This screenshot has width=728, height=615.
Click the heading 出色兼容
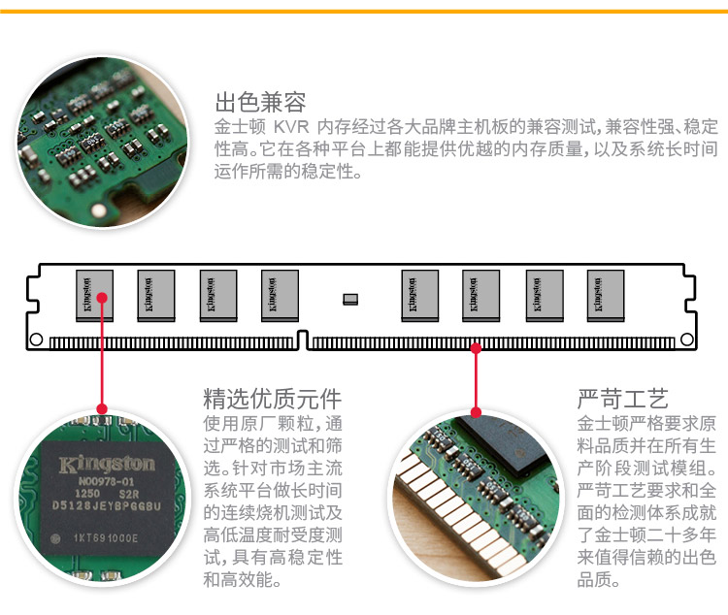[260, 103]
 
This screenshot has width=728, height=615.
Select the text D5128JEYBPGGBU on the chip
[108, 505]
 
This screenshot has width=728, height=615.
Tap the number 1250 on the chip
[86, 493]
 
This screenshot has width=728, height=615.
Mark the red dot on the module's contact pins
[476, 346]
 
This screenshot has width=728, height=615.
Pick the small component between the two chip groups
[350, 298]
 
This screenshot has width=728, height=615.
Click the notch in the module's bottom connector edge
[303, 340]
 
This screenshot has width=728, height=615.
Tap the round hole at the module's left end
[36, 340]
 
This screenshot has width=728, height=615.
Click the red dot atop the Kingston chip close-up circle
[101, 408]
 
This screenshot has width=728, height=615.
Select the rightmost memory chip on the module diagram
[606, 294]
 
